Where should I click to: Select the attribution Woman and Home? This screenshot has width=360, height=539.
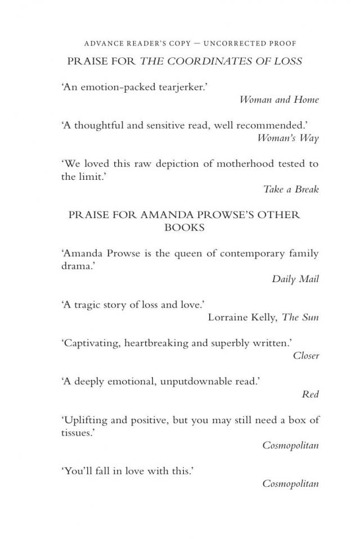[x=279, y=99]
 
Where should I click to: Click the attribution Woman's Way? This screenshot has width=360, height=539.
[x=288, y=138]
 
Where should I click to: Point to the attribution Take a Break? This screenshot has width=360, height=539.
[x=291, y=189]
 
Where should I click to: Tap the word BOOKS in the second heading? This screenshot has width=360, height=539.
[x=183, y=228]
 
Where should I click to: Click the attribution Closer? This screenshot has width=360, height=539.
[x=306, y=355]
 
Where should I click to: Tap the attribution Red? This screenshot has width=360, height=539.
[x=310, y=394]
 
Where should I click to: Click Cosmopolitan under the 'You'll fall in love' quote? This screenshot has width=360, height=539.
[x=290, y=483]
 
